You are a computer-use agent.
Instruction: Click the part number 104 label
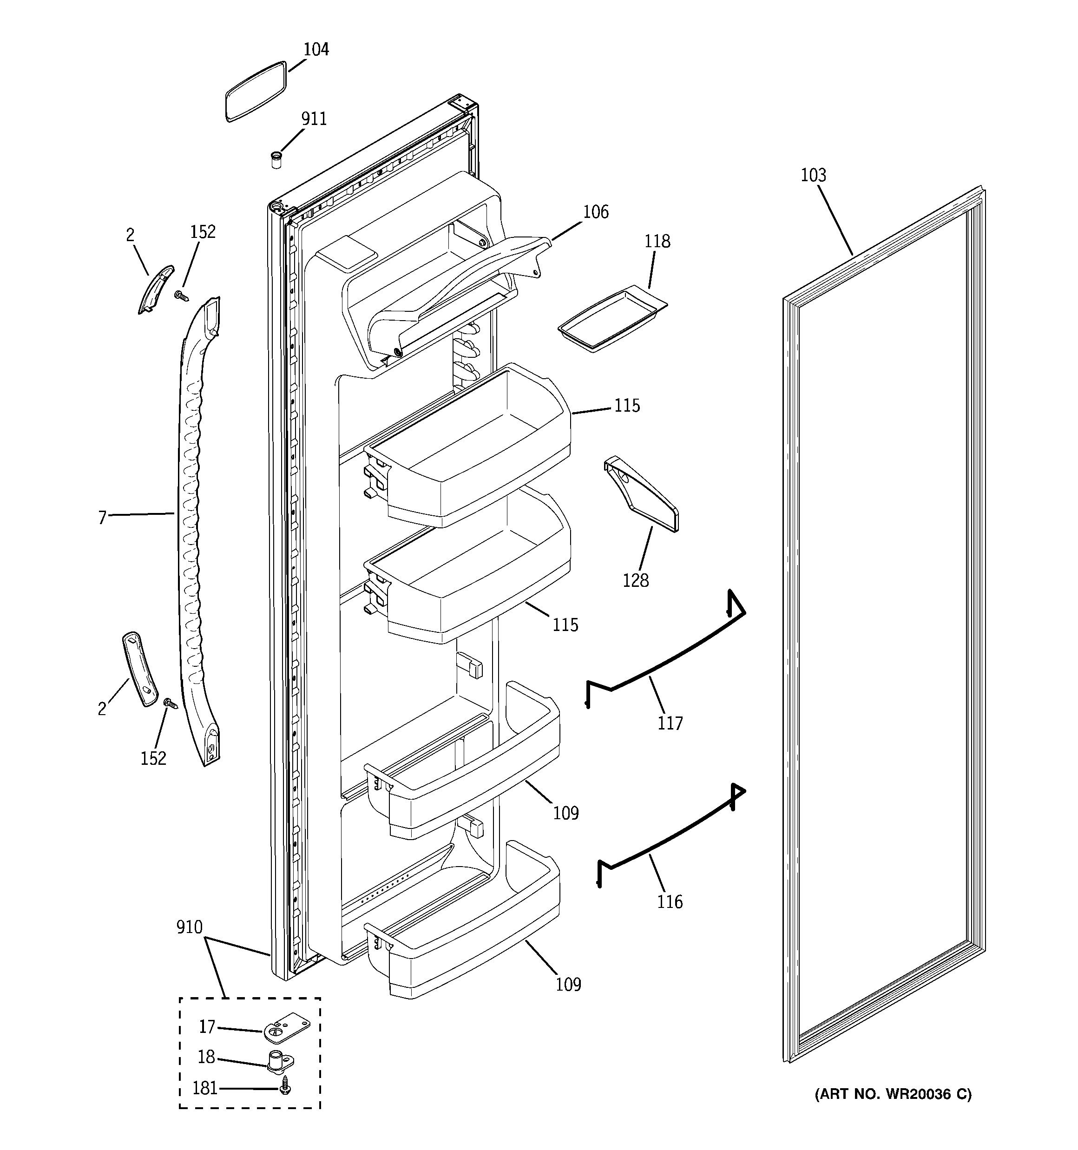[x=316, y=50]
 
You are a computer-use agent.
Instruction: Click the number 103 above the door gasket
[x=813, y=175]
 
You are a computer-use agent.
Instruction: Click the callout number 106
[x=595, y=212]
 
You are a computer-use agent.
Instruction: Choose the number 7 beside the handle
[x=102, y=518]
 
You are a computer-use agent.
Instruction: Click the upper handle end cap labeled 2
[x=156, y=289]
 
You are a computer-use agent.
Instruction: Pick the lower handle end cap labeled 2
[x=140, y=668]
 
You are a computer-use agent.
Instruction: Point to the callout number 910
[x=189, y=928]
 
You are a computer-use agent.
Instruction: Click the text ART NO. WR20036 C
[x=893, y=1094]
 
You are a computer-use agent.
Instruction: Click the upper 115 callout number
[x=627, y=406]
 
